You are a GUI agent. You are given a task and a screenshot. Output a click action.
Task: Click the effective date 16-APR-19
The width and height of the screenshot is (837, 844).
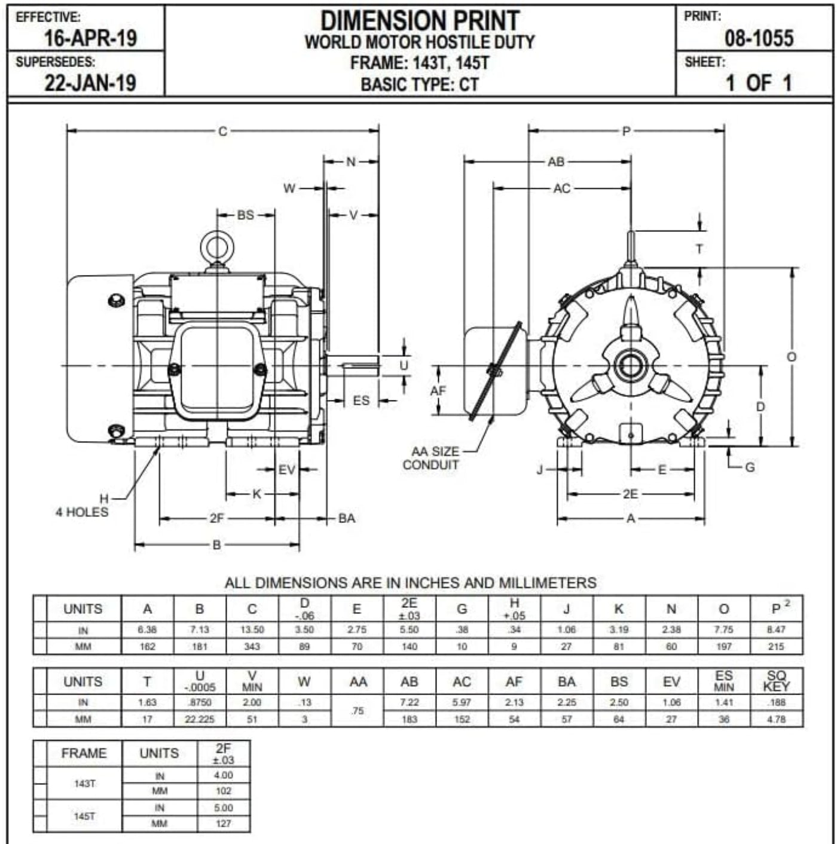(x=90, y=38)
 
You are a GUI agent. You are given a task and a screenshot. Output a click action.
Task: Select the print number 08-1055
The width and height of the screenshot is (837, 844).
(x=759, y=38)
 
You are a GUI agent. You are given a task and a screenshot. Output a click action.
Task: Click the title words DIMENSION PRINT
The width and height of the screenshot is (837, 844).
(x=420, y=21)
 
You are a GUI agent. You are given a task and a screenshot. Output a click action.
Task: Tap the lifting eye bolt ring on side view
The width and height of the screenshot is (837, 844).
(x=217, y=247)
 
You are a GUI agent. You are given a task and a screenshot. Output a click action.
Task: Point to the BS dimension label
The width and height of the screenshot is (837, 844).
(x=245, y=215)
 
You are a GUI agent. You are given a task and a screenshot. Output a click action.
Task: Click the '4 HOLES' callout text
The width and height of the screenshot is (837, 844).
(x=82, y=512)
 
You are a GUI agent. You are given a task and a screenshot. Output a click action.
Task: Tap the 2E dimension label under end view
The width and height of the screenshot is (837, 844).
(x=630, y=494)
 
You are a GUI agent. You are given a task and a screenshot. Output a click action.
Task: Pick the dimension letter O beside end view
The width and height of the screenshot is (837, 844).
(x=791, y=357)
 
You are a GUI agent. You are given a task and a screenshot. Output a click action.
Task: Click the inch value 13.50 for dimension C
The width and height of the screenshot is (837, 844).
(x=252, y=629)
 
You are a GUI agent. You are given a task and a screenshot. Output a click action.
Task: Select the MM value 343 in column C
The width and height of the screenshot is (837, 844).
(x=252, y=646)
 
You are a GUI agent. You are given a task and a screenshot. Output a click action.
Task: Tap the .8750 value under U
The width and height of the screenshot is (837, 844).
(x=200, y=702)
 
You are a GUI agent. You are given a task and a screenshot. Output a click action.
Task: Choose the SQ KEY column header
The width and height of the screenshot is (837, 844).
(x=776, y=681)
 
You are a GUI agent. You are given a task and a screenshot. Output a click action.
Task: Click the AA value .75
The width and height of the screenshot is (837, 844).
(x=357, y=711)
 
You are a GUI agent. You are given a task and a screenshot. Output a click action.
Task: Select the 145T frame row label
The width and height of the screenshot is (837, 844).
(x=84, y=816)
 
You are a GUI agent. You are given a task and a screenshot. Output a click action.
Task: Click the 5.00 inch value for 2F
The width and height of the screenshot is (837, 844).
(x=223, y=808)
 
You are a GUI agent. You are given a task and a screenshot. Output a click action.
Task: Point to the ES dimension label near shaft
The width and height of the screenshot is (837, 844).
(x=361, y=400)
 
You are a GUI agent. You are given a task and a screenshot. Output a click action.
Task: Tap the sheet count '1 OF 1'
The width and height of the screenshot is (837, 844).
(x=758, y=83)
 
